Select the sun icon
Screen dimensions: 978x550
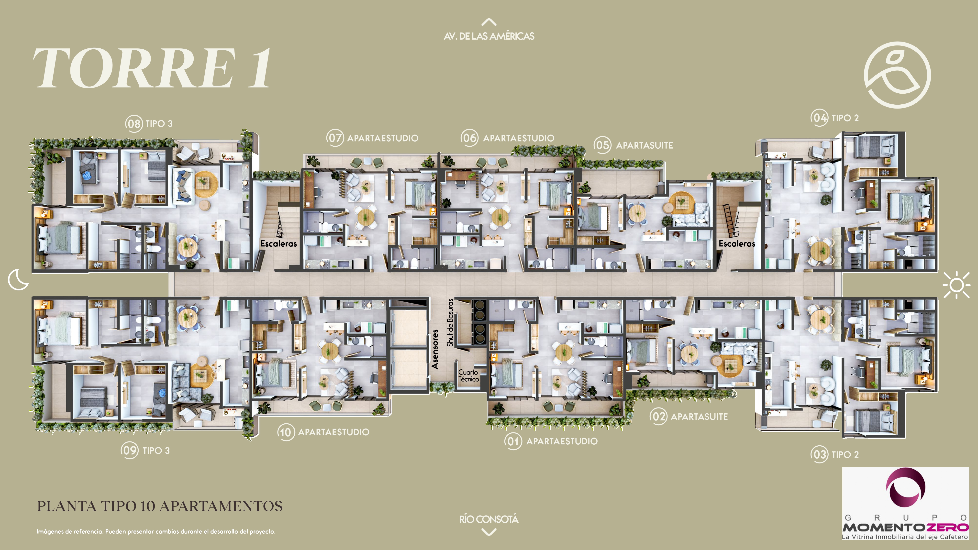click(x=956, y=285)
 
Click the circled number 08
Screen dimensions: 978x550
click(x=134, y=124)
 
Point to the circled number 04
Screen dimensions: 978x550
click(x=819, y=118)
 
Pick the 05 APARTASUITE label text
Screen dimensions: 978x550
click(x=633, y=145)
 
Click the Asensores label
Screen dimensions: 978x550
click(x=435, y=349)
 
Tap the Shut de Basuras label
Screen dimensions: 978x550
click(x=450, y=323)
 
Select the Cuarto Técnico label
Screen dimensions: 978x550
click(x=468, y=375)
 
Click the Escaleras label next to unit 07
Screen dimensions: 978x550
click(x=279, y=243)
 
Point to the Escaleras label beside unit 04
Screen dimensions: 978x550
click(x=737, y=243)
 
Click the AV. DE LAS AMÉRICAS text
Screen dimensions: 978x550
click(x=489, y=36)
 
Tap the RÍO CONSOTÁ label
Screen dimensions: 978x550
click(x=489, y=519)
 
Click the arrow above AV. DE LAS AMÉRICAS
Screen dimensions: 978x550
click(x=489, y=22)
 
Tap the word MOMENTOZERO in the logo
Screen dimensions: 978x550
click(x=905, y=527)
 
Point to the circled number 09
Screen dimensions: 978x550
click(x=130, y=451)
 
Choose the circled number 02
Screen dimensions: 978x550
click(x=658, y=416)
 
